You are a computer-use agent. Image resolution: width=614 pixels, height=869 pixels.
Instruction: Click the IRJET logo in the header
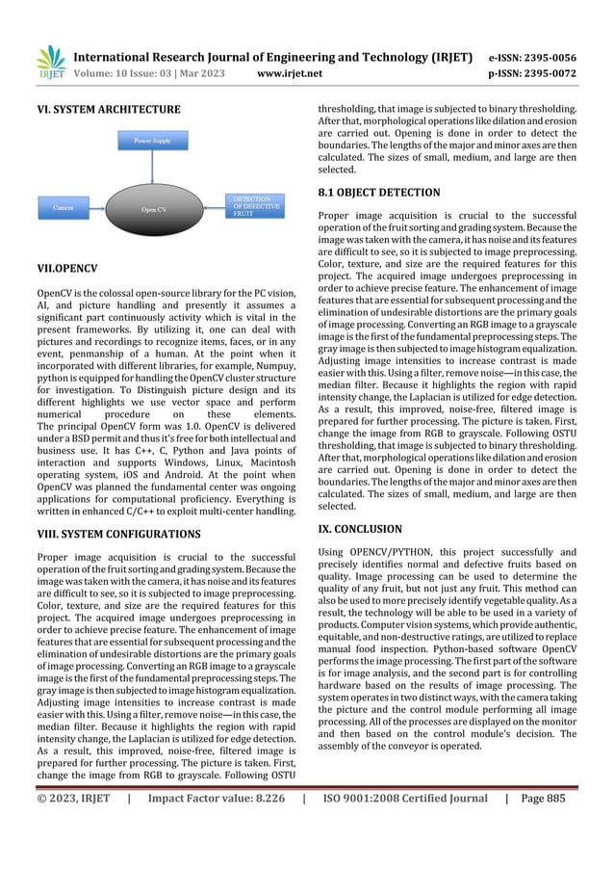[x=50, y=62]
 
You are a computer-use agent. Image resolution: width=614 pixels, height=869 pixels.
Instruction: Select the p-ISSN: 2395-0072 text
[x=541, y=72]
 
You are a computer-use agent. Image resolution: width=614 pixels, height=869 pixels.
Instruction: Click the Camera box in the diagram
[x=64, y=206]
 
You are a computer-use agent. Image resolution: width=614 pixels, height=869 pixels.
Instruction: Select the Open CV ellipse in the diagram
[x=154, y=208]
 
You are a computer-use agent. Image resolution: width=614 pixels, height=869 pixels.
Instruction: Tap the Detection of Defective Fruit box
[x=256, y=205]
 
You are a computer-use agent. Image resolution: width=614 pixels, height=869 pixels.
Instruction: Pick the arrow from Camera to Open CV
[x=98, y=206]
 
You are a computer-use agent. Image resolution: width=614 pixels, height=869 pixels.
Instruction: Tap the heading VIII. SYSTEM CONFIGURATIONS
[x=118, y=533]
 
